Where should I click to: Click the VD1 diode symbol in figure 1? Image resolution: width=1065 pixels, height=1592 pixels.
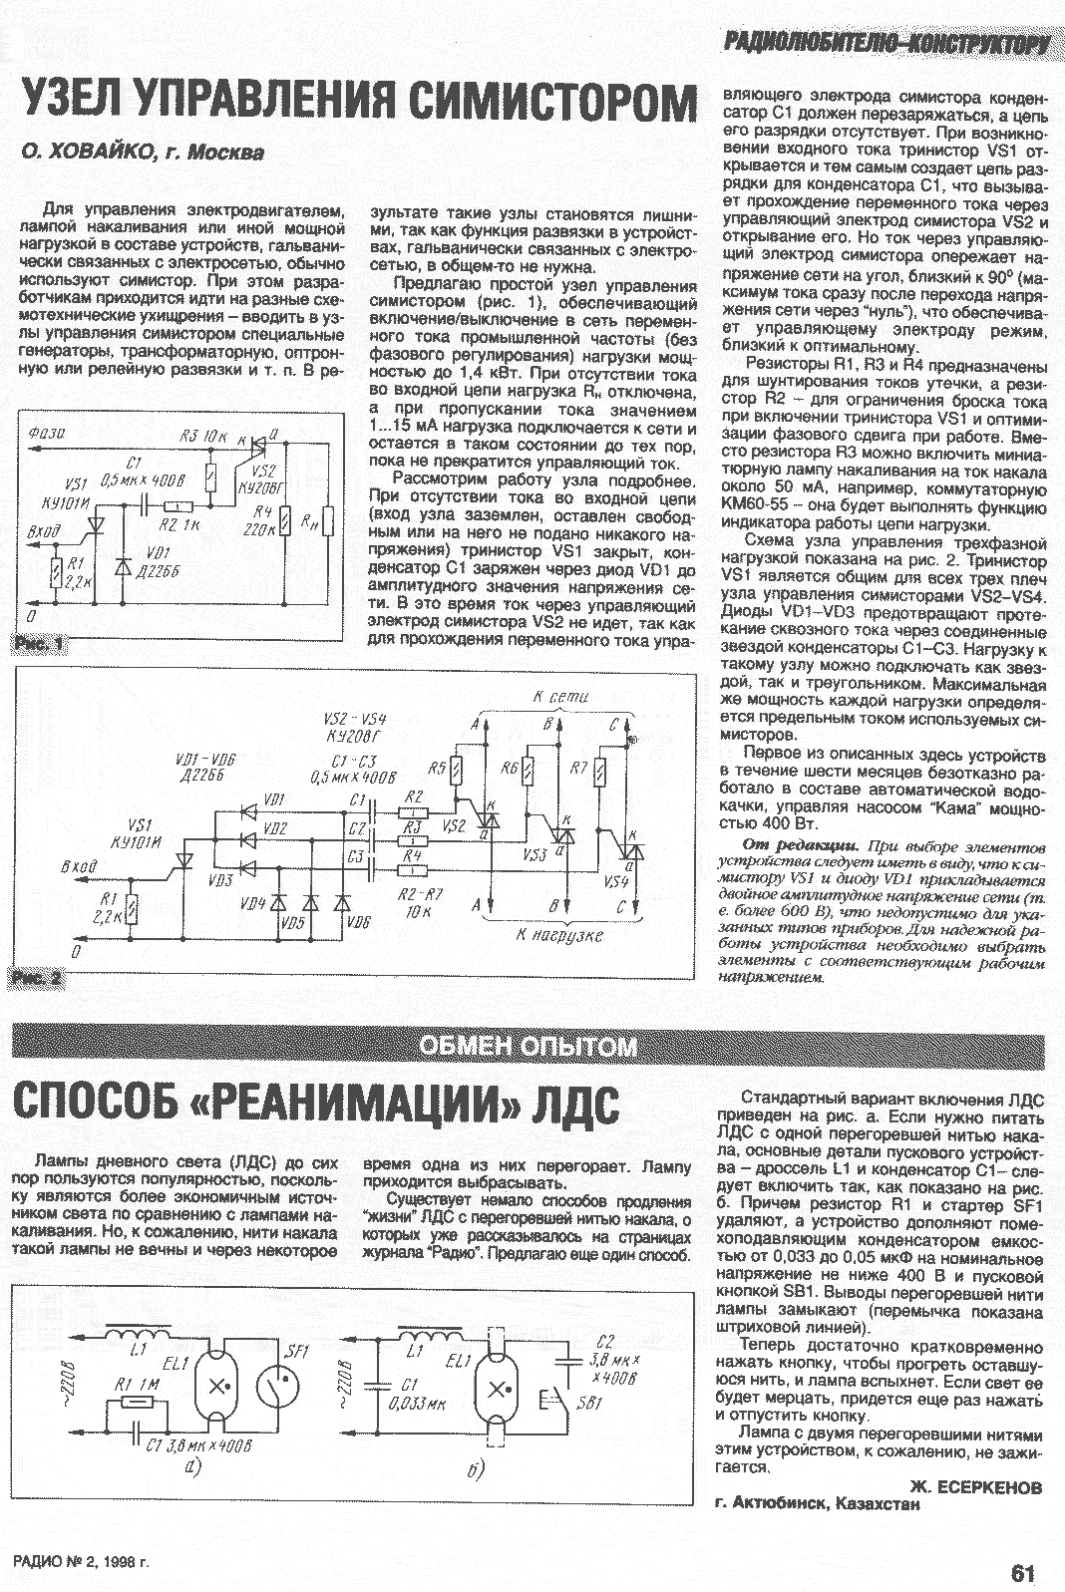(x=123, y=565)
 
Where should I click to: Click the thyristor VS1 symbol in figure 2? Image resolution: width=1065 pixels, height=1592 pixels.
(x=184, y=859)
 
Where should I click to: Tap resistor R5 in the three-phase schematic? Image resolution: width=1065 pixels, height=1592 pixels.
(x=456, y=771)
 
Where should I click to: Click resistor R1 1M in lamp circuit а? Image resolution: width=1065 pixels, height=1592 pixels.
(x=134, y=1403)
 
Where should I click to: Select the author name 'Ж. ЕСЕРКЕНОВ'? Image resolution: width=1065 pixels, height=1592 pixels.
(x=976, y=1486)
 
